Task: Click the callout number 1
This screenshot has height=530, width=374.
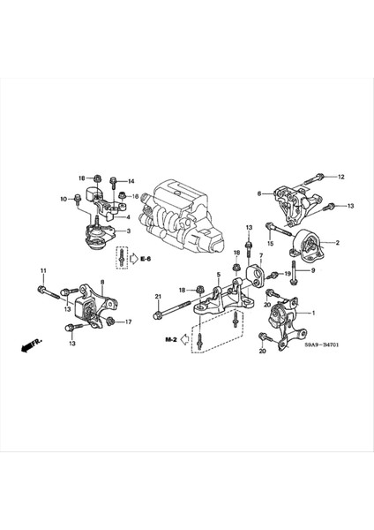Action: click(x=310, y=314)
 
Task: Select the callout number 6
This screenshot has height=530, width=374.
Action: click(x=259, y=194)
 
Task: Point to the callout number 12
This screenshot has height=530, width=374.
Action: click(x=341, y=178)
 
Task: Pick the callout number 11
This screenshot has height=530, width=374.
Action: click(x=41, y=269)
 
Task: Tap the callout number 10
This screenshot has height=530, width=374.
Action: click(x=64, y=200)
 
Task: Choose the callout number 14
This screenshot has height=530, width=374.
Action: click(x=131, y=181)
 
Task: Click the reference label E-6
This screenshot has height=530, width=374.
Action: click(x=145, y=259)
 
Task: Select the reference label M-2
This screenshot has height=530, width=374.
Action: click(x=170, y=339)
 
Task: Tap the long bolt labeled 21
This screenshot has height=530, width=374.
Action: click(x=181, y=310)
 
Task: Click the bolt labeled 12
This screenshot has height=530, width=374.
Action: click(x=317, y=179)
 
